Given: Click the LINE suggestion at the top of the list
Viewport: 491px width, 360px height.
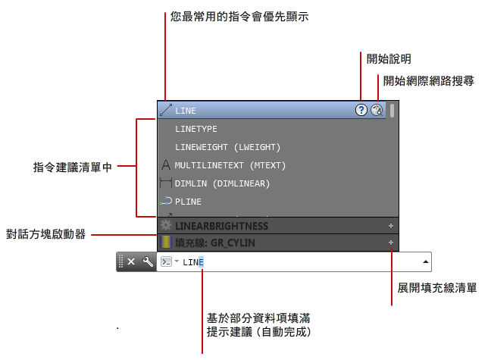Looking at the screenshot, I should (186, 111).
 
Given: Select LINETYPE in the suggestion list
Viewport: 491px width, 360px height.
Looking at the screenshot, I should (196, 129).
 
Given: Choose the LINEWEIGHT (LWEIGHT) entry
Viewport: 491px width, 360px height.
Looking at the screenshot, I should (227, 147).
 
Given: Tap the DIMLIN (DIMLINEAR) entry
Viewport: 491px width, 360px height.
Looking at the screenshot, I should (222, 183).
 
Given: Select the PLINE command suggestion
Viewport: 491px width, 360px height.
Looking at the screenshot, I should (188, 202).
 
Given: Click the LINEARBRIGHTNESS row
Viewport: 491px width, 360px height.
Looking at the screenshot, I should (221, 226).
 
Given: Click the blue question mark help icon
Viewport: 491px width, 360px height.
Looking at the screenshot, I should (361, 110).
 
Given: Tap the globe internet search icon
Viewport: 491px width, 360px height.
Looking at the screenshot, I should (377, 110).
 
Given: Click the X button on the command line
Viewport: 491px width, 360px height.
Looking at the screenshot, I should (131, 261).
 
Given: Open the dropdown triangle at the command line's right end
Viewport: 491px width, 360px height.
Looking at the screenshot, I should (426, 261).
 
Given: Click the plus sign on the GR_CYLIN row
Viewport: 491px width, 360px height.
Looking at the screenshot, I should (391, 243).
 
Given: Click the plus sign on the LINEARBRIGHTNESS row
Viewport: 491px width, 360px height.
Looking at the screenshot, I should (391, 226).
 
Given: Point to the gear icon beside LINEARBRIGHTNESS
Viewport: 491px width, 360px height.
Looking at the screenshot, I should (166, 226).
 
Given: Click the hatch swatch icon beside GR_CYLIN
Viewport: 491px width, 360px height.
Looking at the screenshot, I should (166, 243).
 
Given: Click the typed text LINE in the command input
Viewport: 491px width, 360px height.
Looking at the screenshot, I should (193, 262).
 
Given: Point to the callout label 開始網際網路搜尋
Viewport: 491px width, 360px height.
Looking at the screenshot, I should (428, 80).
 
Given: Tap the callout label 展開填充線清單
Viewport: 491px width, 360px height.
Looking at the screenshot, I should (437, 288).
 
